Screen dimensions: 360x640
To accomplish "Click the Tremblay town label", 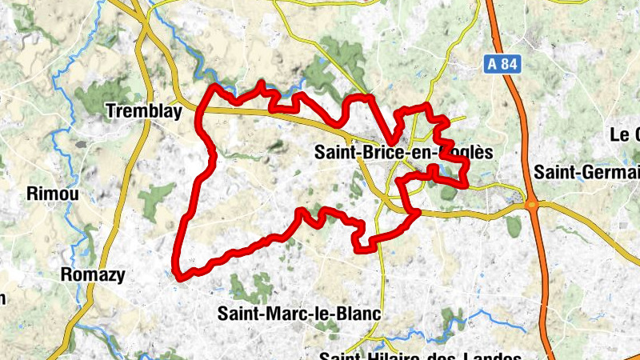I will pos(144,113).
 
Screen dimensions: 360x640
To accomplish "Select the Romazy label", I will pos(94,275).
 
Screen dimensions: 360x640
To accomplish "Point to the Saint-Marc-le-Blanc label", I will pos(298,314).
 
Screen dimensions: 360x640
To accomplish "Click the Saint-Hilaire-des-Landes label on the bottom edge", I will pos(420,356).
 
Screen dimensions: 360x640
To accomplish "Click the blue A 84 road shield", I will pos(502,65).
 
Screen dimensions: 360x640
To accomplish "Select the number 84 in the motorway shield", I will pos(508,65).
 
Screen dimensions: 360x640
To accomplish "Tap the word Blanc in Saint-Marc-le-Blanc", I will pos(358,314).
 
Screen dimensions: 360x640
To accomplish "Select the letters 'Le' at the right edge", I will pos(619,134).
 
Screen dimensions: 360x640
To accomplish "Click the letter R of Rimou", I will pos(32,194).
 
